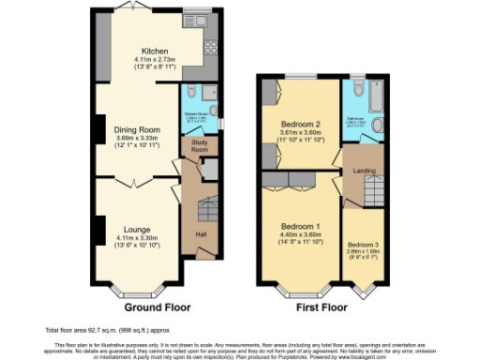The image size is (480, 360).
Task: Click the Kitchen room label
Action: (155, 52)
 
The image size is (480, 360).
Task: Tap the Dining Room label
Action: (136, 129)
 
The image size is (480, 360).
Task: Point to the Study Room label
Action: (199, 147)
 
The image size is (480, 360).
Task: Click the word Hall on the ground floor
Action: (200, 234)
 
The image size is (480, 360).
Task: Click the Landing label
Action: (362, 170)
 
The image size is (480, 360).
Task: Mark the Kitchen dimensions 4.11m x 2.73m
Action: (155, 61)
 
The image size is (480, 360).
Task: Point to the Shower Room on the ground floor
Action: (197, 107)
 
